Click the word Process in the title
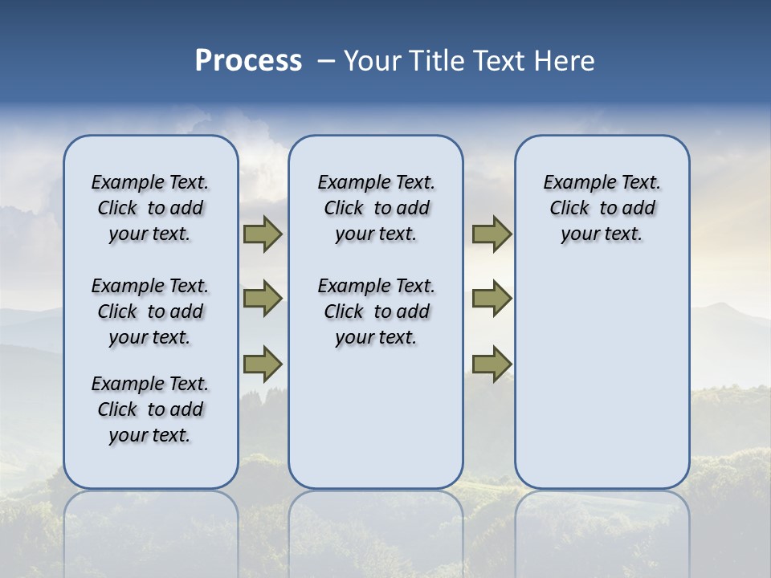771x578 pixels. pyautogui.click(x=248, y=61)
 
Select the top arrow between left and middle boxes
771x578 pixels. pyautogui.click(x=263, y=234)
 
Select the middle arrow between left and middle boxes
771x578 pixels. pyautogui.click(x=263, y=299)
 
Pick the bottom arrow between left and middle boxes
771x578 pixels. pyautogui.click(x=263, y=364)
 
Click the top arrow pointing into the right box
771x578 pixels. pyautogui.click(x=492, y=234)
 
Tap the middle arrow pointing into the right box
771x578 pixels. pyautogui.click(x=492, y=299)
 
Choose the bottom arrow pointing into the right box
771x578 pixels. pyautogui.click(x=492, y=364)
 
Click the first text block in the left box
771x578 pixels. pyautogui.click(x=150, y=208)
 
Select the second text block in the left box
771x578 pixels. pyautogui.click(x=150, y=311)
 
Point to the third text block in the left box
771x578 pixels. pyautogui.click(x=150, y=409)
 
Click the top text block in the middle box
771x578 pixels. pyautogui.click(x=376, y=208)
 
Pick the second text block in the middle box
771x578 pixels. pyautogui.click(x=376, y=311)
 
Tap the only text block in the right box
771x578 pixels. pyautogui.click(x=602, y=208)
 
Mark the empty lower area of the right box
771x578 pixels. pyautogui.click(x=602, y=369)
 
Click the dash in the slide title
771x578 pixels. pyautogui.click(x=326, y=61)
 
